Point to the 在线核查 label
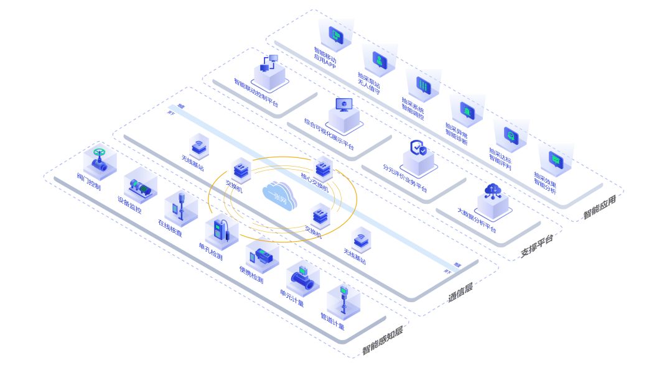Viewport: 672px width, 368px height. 170,228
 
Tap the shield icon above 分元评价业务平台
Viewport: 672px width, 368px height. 418,149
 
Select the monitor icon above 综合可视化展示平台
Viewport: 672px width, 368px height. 343,104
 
